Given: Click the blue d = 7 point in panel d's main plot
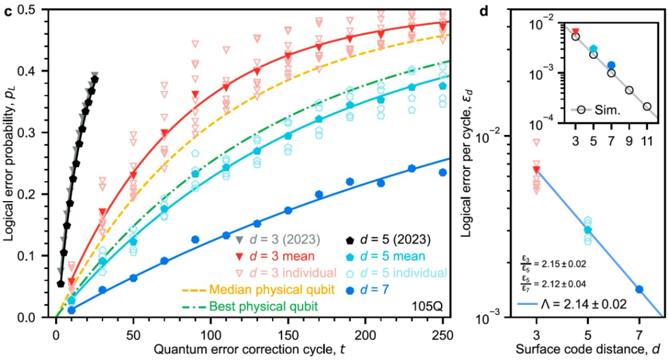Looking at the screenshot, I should tap(640, 289).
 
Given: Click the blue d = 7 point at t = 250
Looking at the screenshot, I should tap(442, 173).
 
